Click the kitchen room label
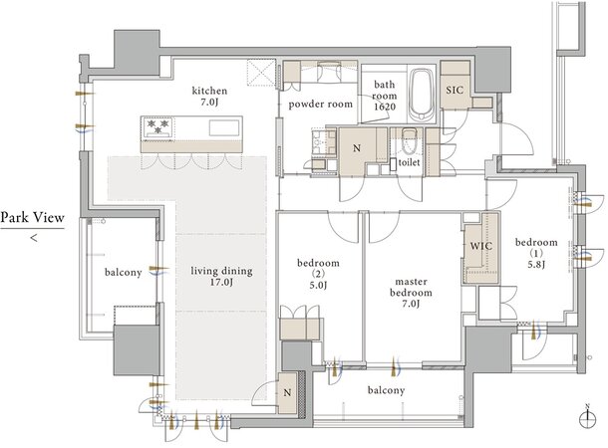click(209, 96)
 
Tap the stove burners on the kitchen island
click(157, 126)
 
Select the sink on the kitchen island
click(224, 127)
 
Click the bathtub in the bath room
click(421, 96)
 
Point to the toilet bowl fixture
click(409, 141)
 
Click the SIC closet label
click(455, 91)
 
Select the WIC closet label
click(480, 246)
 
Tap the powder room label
click(321, 105)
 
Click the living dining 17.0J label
click(221, 276)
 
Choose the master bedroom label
click(411, 293)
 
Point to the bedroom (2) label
click(318, 274)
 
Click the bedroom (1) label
click(536, 253)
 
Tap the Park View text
click(32, 218)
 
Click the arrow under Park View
click(34, 238)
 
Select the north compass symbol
click(587, 417)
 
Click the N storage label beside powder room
click(357, 148)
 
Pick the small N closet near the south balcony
click(287, 392)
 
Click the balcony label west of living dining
click(123, 273)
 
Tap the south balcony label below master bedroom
click(386, 390)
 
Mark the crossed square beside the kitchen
click(261, 73)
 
